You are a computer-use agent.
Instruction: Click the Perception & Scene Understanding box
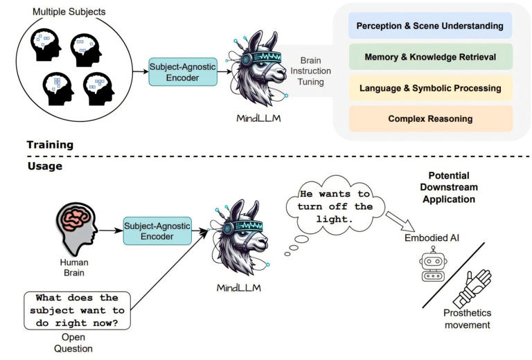pyautogui.click(x=429, y=26)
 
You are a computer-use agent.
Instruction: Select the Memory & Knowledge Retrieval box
pyautogui.click(x=429, y=57)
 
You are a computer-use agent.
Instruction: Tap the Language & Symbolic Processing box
pyautogui.click(x=429, y=88)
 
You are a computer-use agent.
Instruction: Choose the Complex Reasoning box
pyautogui.click(x=429, y=118)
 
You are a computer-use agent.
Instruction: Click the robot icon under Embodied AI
pyautogui.click(x=432, y=267)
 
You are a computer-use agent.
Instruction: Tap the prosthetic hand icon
pyautogui.click(x=472, y=288)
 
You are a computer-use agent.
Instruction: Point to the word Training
pyautogui.click(x=50, y=145)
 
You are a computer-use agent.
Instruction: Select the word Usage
pyautogui.click(x=44, y=166)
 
